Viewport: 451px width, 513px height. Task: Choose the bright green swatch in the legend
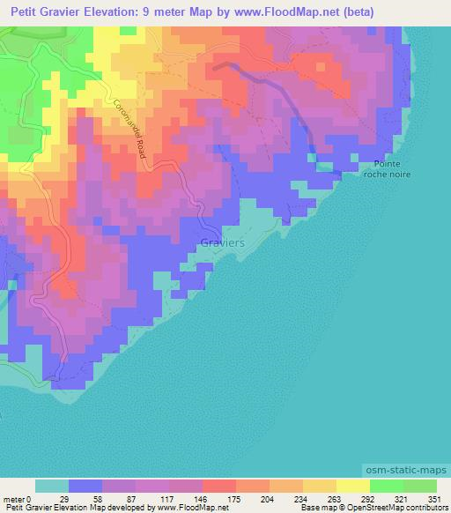tap(387, 486)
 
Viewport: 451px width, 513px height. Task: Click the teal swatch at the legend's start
tap(52, 486)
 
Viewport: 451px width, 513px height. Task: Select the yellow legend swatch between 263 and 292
tap(320, 486)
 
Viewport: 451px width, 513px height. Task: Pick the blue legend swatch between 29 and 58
tap(85, 486)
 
